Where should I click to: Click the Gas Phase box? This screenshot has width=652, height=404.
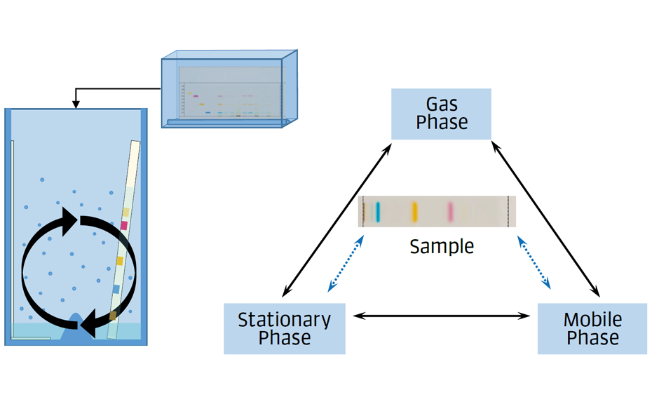[x=441, y=114]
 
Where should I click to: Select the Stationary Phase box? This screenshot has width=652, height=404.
[x=284, y=328]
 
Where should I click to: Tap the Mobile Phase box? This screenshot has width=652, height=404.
[x=592, y=328]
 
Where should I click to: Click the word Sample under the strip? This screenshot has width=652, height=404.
[x=442, y=247]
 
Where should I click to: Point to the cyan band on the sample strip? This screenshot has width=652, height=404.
[x=377, y=211]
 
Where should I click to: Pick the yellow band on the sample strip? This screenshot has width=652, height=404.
[x=414, y=211]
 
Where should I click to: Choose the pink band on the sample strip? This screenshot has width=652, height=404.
[x=450, y=211]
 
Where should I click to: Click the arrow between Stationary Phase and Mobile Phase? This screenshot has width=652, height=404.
[x=441, y=316]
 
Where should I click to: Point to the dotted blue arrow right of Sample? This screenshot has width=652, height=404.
[x=534, y=263]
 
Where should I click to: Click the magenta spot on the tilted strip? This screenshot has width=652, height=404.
[x=124, y=225]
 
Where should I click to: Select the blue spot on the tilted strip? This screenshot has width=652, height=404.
[x=116, y=289]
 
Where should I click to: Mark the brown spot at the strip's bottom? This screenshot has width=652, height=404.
[x=113, y=316]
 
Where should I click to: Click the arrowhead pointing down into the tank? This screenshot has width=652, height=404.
[x=76, y=104]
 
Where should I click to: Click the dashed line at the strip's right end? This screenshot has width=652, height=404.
[x=507, y=211]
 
